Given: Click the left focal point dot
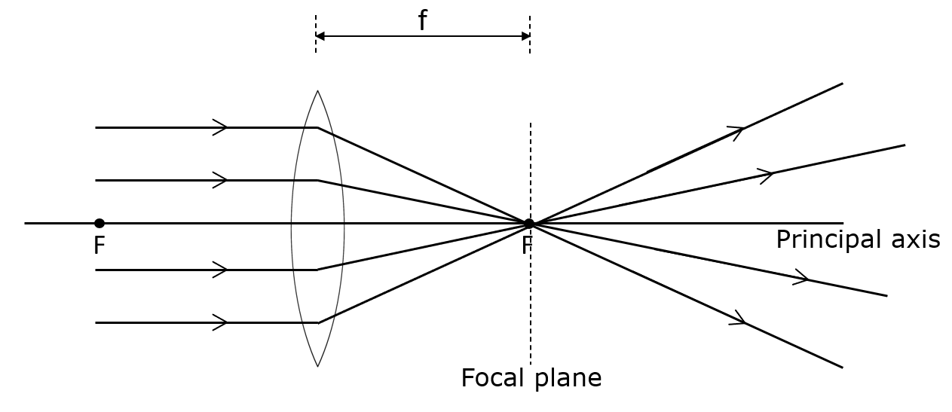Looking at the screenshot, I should tap(99, 223).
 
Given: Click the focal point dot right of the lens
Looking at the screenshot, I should tap(529, 223).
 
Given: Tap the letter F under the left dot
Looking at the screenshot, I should tap(99, 246).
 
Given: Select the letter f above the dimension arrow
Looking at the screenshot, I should tap(422, 21).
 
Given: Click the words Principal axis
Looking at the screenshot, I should tap(858, 240).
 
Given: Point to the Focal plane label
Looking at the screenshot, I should tap(531, 377).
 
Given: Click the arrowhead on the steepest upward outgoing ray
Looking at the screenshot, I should tap(737, 131).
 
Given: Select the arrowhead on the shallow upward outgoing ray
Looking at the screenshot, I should tap(767, 175).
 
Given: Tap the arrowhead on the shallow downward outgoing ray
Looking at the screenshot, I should tap(802, 279).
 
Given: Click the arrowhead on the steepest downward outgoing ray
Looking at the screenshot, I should tap(739, 320).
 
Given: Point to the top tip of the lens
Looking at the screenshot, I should tap(317, 91).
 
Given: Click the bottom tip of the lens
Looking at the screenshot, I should tap(317, 367).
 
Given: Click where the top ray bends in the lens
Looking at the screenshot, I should tap(317, 127).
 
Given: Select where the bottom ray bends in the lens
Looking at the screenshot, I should tap(317, 322).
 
